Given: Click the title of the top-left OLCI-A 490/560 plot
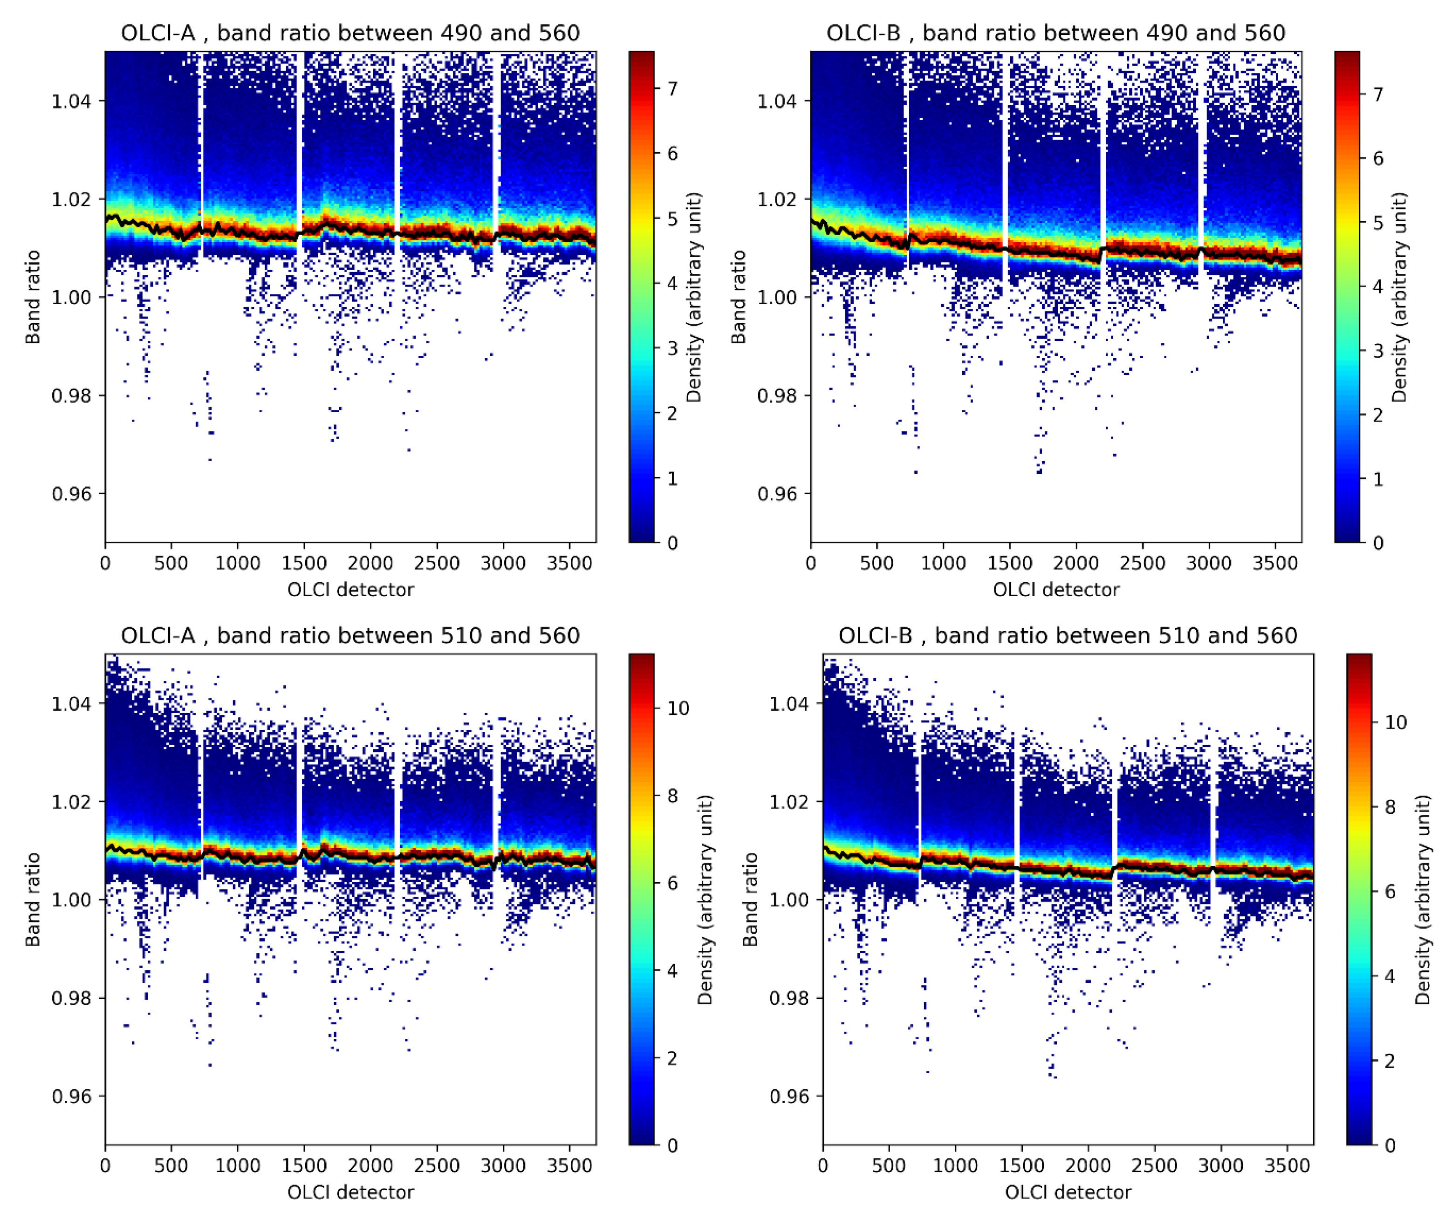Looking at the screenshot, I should [x=350, y=33].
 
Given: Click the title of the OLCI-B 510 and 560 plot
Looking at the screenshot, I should [x=1067, y=635].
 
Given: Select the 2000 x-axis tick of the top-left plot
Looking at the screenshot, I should [x=370, y=563].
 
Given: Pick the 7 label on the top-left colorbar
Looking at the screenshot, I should [x=671, y=89].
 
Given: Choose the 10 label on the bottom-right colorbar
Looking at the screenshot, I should [x=1395, y=722].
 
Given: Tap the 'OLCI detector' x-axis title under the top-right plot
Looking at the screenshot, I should [x=1055, y=590].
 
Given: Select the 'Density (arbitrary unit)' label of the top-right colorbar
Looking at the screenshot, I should [x=1399, y=297].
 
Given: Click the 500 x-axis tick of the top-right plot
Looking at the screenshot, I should [x=877, y=563].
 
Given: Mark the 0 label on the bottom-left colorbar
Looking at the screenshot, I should [x=671, y=1146].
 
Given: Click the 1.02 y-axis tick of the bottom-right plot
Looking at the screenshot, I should [x=788, y=802].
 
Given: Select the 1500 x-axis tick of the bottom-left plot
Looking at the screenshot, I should [x=304, y=1165].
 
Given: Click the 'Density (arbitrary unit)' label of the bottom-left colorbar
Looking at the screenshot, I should [x=704, y=899].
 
